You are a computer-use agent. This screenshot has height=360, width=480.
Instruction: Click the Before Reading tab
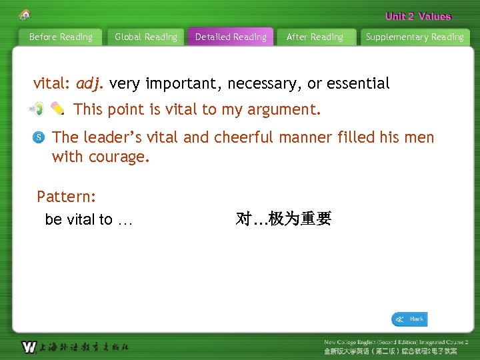(61, 37)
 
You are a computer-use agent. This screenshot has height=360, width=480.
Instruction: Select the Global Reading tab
(146, 37)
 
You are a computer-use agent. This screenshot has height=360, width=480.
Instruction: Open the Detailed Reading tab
(231, 37)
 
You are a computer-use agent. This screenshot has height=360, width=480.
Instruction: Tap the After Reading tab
(315, 37)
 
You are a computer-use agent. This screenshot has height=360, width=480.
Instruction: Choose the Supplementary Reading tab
(415, 37)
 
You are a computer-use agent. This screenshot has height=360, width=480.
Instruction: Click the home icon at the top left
(25, 14)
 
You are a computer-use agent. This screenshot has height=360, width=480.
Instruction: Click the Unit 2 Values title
(418, 17)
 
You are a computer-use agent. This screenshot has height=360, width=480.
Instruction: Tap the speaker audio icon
(36, 108)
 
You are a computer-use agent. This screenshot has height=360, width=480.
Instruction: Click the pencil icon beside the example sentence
(57, 108)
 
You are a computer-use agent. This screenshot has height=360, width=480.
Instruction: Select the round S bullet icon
(39, 138)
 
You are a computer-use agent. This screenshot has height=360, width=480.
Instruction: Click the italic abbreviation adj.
(90, 84)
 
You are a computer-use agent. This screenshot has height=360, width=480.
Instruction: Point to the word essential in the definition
(358, 84)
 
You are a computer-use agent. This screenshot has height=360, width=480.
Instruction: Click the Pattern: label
(67, 197)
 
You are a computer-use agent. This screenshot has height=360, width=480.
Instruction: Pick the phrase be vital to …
(89, 220)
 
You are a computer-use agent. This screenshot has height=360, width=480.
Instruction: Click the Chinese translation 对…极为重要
(283, 219)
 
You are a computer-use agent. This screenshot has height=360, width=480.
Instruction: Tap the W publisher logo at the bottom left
(29, 347)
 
